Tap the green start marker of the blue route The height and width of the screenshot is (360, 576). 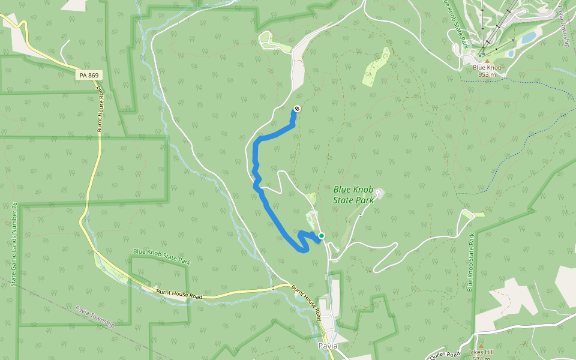coord(322,236)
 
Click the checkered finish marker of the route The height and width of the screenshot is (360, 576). coord(296,109)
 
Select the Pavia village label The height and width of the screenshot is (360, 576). coord(328,346)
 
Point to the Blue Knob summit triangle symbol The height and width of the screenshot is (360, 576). coord(487,61)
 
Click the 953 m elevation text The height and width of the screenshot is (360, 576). coord(487,74)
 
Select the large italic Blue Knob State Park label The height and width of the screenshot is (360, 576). coord(354,194)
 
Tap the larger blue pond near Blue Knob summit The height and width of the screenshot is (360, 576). coord(529,38)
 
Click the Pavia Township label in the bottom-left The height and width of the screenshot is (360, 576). coord(95,316)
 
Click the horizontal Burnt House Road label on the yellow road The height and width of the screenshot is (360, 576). coord(179,294)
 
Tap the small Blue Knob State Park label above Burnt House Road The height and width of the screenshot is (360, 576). coord(161,256)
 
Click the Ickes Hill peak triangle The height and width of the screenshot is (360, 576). coord(481,346)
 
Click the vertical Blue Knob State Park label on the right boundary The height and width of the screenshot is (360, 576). coord(471,262)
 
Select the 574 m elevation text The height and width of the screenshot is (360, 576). coord(481,358)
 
